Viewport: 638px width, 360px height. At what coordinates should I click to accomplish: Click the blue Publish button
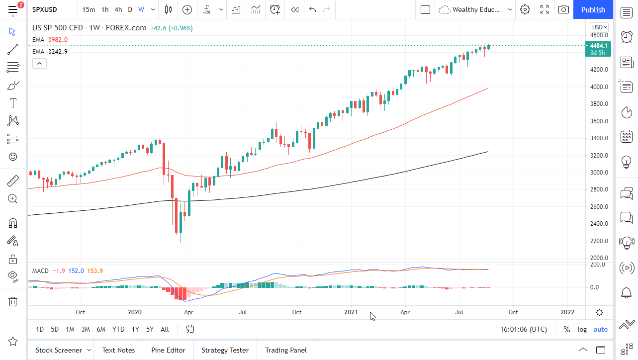(593, 9)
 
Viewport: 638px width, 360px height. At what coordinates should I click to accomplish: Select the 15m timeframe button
(89, 9)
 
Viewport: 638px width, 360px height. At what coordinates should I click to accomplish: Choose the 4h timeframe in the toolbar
(118, 9)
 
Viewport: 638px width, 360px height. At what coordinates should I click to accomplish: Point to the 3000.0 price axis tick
(599, 173)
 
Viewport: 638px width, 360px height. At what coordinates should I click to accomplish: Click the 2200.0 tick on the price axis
(599, 241)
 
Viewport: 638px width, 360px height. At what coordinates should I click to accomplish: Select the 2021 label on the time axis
(351, 312)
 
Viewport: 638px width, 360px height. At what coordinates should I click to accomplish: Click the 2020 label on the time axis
(135, 312)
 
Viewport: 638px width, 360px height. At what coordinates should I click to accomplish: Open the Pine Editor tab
(168, 350)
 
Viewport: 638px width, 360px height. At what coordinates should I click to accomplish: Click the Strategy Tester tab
(225, 350)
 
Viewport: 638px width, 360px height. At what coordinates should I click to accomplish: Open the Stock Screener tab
(59, 350)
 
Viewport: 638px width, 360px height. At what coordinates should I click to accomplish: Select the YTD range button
(118, 329)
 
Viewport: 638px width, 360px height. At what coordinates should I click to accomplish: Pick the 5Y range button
(150, 329)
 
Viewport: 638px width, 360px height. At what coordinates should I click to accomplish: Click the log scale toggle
(582, 329)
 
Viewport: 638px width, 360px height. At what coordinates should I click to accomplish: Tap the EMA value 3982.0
(58, 39)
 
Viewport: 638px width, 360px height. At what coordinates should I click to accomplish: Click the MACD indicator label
(40, 271)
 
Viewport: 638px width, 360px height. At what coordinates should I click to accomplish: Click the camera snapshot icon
(563, 9)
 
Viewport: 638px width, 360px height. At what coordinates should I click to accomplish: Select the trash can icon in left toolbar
(13, 301)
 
